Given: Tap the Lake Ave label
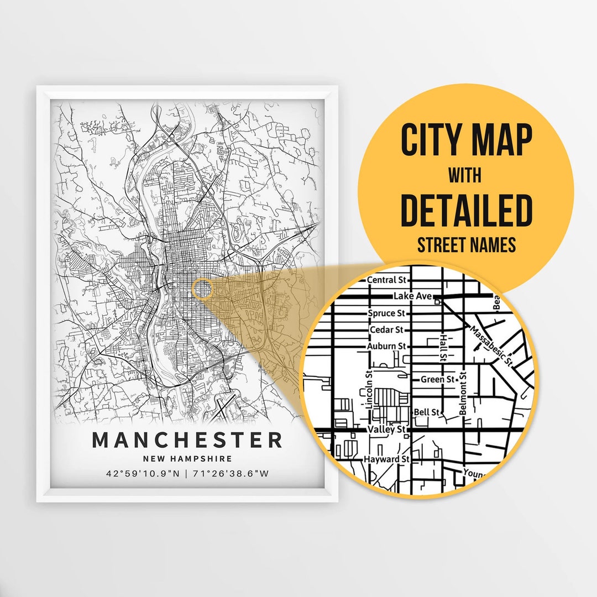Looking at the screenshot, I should click(412, 297).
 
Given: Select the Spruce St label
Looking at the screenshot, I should click(386, 313).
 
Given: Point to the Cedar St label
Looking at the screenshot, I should click(386, 330).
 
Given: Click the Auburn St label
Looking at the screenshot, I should click(386, 347).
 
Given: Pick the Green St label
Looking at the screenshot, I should click(437, 379).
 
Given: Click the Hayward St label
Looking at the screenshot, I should click(386, 459).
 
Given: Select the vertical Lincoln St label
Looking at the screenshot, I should click(369, 390).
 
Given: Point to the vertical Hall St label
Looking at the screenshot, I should click(443, 347).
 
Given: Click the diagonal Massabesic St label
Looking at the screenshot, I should click(491, 345).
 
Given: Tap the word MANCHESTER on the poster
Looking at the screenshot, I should click(187, 441).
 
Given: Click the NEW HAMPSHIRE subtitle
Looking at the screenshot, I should click(187, 459).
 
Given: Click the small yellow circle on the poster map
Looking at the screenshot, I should click(202, 289).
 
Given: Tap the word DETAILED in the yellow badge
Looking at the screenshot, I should click(465, 211).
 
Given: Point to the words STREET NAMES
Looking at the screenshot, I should click(465, 245).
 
